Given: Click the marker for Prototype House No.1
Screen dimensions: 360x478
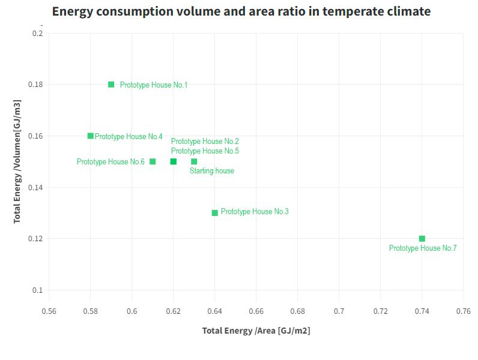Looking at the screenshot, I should point(111,85).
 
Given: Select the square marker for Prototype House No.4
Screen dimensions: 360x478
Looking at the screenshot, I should point(90,136).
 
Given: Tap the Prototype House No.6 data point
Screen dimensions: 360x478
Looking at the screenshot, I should point(153,161).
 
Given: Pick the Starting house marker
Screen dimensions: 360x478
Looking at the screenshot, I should point(194,161).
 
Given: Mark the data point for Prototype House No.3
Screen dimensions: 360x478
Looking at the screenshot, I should point(215,213).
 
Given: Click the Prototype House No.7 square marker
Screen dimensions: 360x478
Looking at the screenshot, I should point(422,239).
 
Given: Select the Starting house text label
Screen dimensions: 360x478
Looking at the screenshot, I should point(212,171).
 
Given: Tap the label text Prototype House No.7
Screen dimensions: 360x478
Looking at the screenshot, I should point(423,248).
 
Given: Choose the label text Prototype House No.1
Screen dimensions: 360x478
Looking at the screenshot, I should point(154,85).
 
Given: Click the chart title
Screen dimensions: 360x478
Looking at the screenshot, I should point(241,11).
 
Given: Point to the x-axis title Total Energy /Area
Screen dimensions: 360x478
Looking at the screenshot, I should point(256,331).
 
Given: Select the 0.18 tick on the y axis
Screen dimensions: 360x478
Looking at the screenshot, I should point(35,85).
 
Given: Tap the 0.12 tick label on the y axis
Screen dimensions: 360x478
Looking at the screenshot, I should point(35,239).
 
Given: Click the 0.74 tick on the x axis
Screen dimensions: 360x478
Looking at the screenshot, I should point(422,311).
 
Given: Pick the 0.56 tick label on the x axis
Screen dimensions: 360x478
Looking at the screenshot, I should point(49,311).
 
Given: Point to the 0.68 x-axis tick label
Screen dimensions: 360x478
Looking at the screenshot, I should point(298,311).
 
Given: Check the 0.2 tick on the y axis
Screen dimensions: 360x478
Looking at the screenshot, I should point(38,34).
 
